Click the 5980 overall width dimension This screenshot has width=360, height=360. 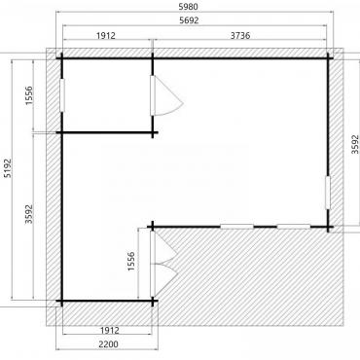pos(189,7)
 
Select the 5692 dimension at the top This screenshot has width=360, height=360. pos(189,20)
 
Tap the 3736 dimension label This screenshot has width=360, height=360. pos(240,35)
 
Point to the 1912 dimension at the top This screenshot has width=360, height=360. pos(106,35)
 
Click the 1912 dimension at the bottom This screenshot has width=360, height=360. pos(110,331)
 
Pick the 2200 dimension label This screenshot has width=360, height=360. pos(108,344)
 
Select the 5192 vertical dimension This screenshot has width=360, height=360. pos(7,168)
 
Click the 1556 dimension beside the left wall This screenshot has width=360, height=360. pos(29,95)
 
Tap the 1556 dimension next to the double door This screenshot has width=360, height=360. pos(131,262)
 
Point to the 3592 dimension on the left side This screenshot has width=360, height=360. pos(29,214)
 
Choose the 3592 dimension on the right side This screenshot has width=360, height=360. pos(355,144)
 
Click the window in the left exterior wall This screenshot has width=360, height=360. pos(62,95)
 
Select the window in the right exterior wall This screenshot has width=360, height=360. pos(328,193)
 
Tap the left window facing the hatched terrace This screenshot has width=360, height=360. pos(236,227)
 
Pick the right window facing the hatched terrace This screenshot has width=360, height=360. pos(294,227)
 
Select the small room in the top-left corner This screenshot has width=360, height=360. pos(107,95)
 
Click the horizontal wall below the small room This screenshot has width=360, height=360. pos(107,132)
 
